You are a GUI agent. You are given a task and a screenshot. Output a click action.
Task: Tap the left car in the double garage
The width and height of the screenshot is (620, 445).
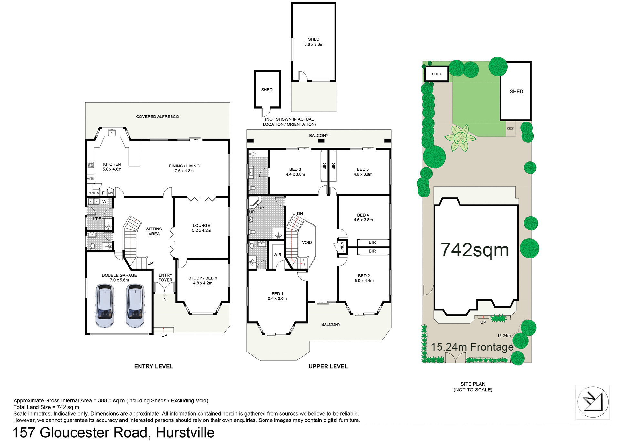[105, 305]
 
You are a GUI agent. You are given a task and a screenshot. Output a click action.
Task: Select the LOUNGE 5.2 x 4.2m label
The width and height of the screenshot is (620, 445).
[201, 228]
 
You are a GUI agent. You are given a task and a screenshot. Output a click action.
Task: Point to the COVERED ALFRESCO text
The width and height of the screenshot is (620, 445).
[157, 116]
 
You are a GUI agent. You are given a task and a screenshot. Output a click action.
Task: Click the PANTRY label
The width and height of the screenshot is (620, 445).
[93, 193]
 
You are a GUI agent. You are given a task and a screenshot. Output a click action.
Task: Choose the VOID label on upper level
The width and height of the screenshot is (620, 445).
[307, 242]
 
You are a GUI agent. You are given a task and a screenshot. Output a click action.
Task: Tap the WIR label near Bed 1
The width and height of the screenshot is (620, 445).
[277, 255]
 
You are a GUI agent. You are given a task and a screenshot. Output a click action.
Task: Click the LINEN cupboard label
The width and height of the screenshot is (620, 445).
[342, 247]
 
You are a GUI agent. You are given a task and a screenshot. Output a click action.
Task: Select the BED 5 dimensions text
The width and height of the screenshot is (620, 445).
[363, 174]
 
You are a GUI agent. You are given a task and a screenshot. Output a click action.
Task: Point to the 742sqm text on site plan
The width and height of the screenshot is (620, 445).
[475, 250]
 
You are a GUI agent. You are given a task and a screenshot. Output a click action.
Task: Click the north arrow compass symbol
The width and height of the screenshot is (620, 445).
[593, 402]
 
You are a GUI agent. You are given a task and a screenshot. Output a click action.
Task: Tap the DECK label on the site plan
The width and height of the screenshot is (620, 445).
[511, 128]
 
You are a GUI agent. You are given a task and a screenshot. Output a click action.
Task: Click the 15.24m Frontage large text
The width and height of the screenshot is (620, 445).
[472, 347]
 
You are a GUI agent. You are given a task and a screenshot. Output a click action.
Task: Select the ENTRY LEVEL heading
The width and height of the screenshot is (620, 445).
[154, 366]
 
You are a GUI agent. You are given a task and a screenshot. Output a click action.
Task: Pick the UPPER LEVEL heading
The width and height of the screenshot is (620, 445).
[328, 366]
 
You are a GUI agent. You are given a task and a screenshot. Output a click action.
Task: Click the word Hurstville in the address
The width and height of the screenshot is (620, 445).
[185, 433]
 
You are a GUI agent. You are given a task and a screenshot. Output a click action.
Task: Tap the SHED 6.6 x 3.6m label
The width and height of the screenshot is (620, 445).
[314, 42]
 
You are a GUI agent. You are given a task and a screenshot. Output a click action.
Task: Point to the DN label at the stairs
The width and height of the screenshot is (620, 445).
[300, 213]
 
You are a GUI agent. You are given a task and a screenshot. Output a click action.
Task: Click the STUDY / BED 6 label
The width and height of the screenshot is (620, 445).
[202, 280]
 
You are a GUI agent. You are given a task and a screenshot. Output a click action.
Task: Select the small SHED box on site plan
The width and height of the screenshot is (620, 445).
[437, 74]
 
